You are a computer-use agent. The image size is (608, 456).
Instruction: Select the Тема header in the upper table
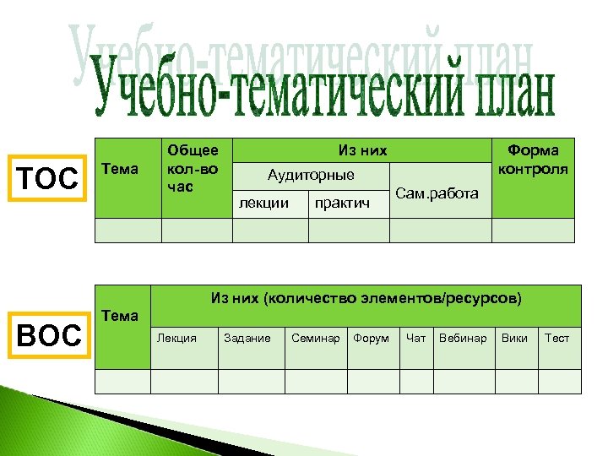click(119, 169)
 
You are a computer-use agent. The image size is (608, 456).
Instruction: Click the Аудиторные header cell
click(311, 176)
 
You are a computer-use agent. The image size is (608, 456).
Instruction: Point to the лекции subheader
click(264, 203)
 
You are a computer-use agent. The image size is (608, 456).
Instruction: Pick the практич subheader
click(342, 203)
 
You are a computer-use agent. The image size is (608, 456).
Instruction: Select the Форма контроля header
click(533, 159)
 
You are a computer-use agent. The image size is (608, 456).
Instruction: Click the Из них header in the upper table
click(362, 150)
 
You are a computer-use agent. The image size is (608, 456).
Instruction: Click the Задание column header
click(247, 338)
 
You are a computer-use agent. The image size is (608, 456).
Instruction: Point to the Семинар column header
click(315, 338)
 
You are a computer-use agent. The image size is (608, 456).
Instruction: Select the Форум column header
click(371, 338)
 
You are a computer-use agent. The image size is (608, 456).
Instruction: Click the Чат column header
click(415, 338)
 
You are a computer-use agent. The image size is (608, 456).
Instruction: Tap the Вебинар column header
click(463, 338)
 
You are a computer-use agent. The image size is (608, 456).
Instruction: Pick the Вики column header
click(514, 338)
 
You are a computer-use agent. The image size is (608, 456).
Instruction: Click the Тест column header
click(557, 338)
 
